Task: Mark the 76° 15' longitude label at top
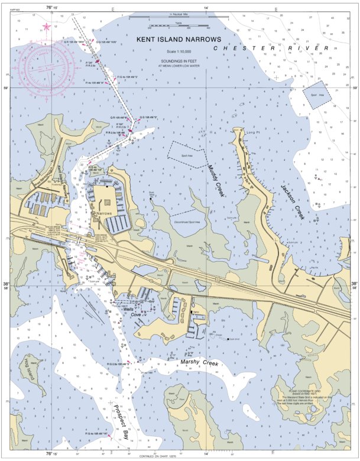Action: (x=51, y=8)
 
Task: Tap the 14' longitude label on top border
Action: (x=206, y=8)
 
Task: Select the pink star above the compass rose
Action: (x=47, y=27)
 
